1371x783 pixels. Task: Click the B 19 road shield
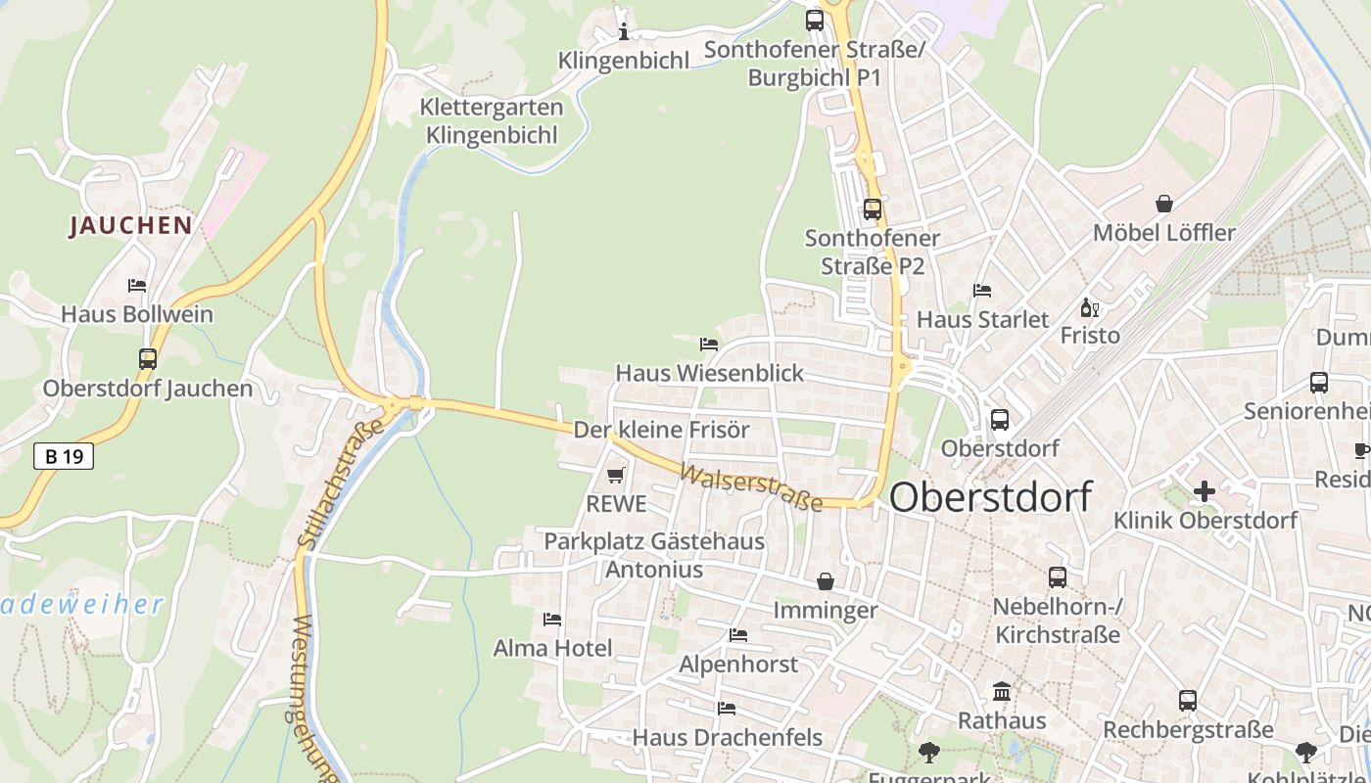point(64,455)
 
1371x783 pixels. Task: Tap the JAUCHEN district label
point(130,226)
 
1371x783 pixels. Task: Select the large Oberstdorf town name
point(990,497)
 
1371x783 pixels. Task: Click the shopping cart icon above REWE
point(615,475)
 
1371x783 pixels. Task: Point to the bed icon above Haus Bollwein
point(137,286)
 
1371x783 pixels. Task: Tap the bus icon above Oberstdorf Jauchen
point(148,359)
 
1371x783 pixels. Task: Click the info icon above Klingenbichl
point(624,31)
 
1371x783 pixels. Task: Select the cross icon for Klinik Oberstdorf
point(1205,490)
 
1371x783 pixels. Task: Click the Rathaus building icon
point(1002,692)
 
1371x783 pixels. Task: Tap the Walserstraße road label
point(751,488)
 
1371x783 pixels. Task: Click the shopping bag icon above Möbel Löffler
point(1164,204)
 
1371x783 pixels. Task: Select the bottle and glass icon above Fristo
point(1089,307)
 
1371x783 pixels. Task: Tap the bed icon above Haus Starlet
point(982,291)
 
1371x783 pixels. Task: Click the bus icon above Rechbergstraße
point(1188,701)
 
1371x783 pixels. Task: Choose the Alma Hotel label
point(552,648)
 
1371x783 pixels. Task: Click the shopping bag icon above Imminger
point(826,581)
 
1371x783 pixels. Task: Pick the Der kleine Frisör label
point(661,430)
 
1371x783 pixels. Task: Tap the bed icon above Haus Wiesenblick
point(709,344)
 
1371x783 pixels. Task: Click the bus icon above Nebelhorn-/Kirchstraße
point(1058,577)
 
